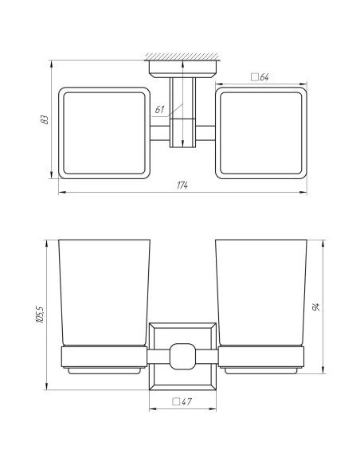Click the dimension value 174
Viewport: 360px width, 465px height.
(x=182, y=186)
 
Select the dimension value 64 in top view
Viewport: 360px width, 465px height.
(x=264, y=77)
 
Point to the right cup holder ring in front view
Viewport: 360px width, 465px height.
(x=260, y=355)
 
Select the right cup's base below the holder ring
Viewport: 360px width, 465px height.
(x=260, y=370)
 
